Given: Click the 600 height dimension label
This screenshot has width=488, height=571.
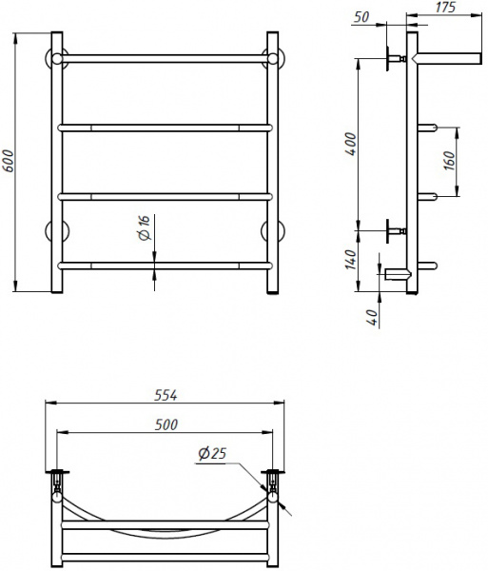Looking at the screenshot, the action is point(8,161).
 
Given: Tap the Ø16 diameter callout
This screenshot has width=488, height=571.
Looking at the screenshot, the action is point(145,228).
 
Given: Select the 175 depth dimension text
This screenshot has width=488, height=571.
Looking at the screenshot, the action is point(445,7).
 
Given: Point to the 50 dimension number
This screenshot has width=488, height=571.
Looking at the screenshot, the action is point(361,17).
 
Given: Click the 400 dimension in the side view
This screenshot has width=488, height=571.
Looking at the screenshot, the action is point(352,145).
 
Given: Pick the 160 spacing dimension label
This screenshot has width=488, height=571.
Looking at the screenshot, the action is point(450,161).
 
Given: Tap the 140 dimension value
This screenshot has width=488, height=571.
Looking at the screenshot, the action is point(351,260).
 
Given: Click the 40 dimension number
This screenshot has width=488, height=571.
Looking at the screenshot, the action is point(373,318).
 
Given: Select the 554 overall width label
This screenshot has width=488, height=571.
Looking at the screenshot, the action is point(166,395).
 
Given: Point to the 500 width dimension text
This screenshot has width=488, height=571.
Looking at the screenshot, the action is point(166,424).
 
